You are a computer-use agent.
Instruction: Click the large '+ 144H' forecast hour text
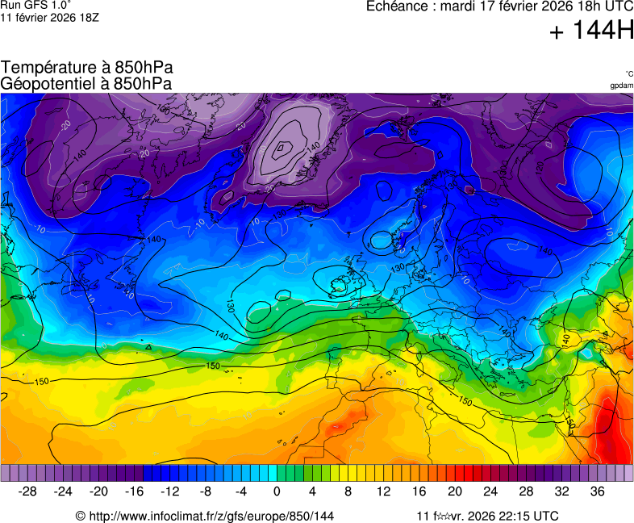pyautogui.click(x=591, y=31)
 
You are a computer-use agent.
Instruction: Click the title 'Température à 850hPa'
pyautogui.click(x=87, y=68)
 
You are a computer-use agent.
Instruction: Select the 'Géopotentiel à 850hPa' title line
pyautogui.click(x=86, y=83)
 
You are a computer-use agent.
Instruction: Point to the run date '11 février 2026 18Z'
pyautogui.click(x=50, y=17)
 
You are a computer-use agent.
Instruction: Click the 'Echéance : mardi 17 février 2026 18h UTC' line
pyautogui.click(x=499, y=6)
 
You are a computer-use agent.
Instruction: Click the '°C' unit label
pyautogui.click(x=628, y=73)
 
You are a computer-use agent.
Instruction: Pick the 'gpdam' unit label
pyautogui.click(x=621, y=85)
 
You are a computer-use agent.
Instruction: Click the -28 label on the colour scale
pyautogui.click(x=28, y=492)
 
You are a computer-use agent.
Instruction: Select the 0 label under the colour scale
pyautogui.click(x=277, y=492)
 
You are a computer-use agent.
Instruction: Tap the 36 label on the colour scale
pyautogui.click(x=597, y=492)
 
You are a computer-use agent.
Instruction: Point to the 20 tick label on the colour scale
pyautogui.click(x=455, y=492)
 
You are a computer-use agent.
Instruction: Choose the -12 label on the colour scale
pyautogui.click(x=170, y=492)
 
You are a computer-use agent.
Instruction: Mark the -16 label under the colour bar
pyautogui.click(x=135, y=492)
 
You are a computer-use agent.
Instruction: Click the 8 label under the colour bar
pyautogui.click(x=348, y=492)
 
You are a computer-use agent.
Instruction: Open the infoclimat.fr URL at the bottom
pyautogui.click(x=211, y=516)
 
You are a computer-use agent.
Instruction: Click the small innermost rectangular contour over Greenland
pyautogui.click(x=280, y=147)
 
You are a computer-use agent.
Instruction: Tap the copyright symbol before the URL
pyautogui.click(x=81, y=516)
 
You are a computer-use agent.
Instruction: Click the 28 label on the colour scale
pyautogui.click(x=526, y=492)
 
